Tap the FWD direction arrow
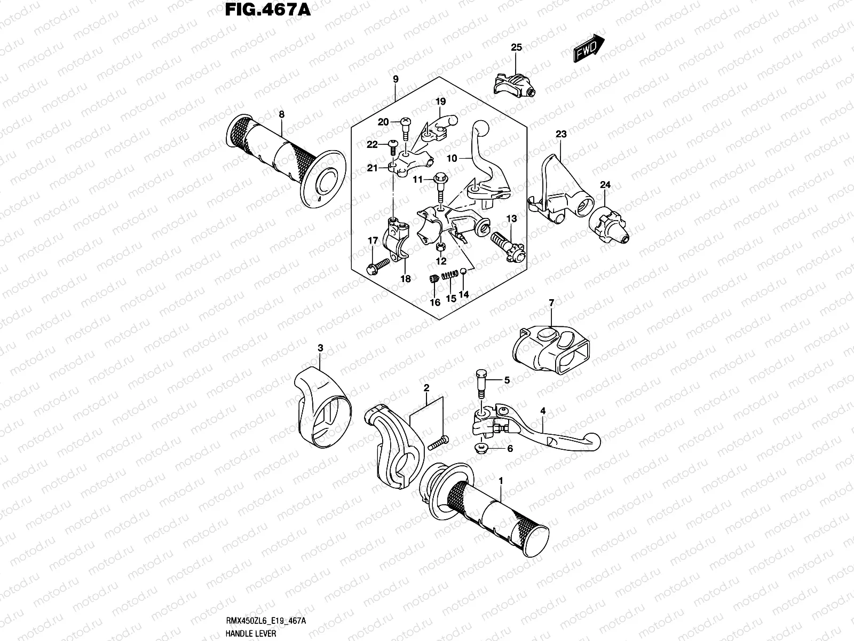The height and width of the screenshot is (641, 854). pyautogui.click(x=589, y=50)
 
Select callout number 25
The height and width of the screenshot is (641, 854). pyautogui.click(x=516, y=48)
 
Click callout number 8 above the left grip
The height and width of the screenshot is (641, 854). pyautogui.click(x=281, y=114)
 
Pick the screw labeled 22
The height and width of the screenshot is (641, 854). pyautogui.click(x=392, y=144)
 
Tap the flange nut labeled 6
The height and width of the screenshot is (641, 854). pyautogui.click(x=481, y=447)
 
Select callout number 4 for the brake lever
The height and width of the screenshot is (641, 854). pyautogui.click(x=542, y=411)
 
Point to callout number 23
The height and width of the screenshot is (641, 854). pyautogui.click(x=561, y=135)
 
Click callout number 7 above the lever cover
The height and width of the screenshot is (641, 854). pyautogui.click(x=551, y=303)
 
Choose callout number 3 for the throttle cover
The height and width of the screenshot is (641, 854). pyautogui.click(x=320, y=348)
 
